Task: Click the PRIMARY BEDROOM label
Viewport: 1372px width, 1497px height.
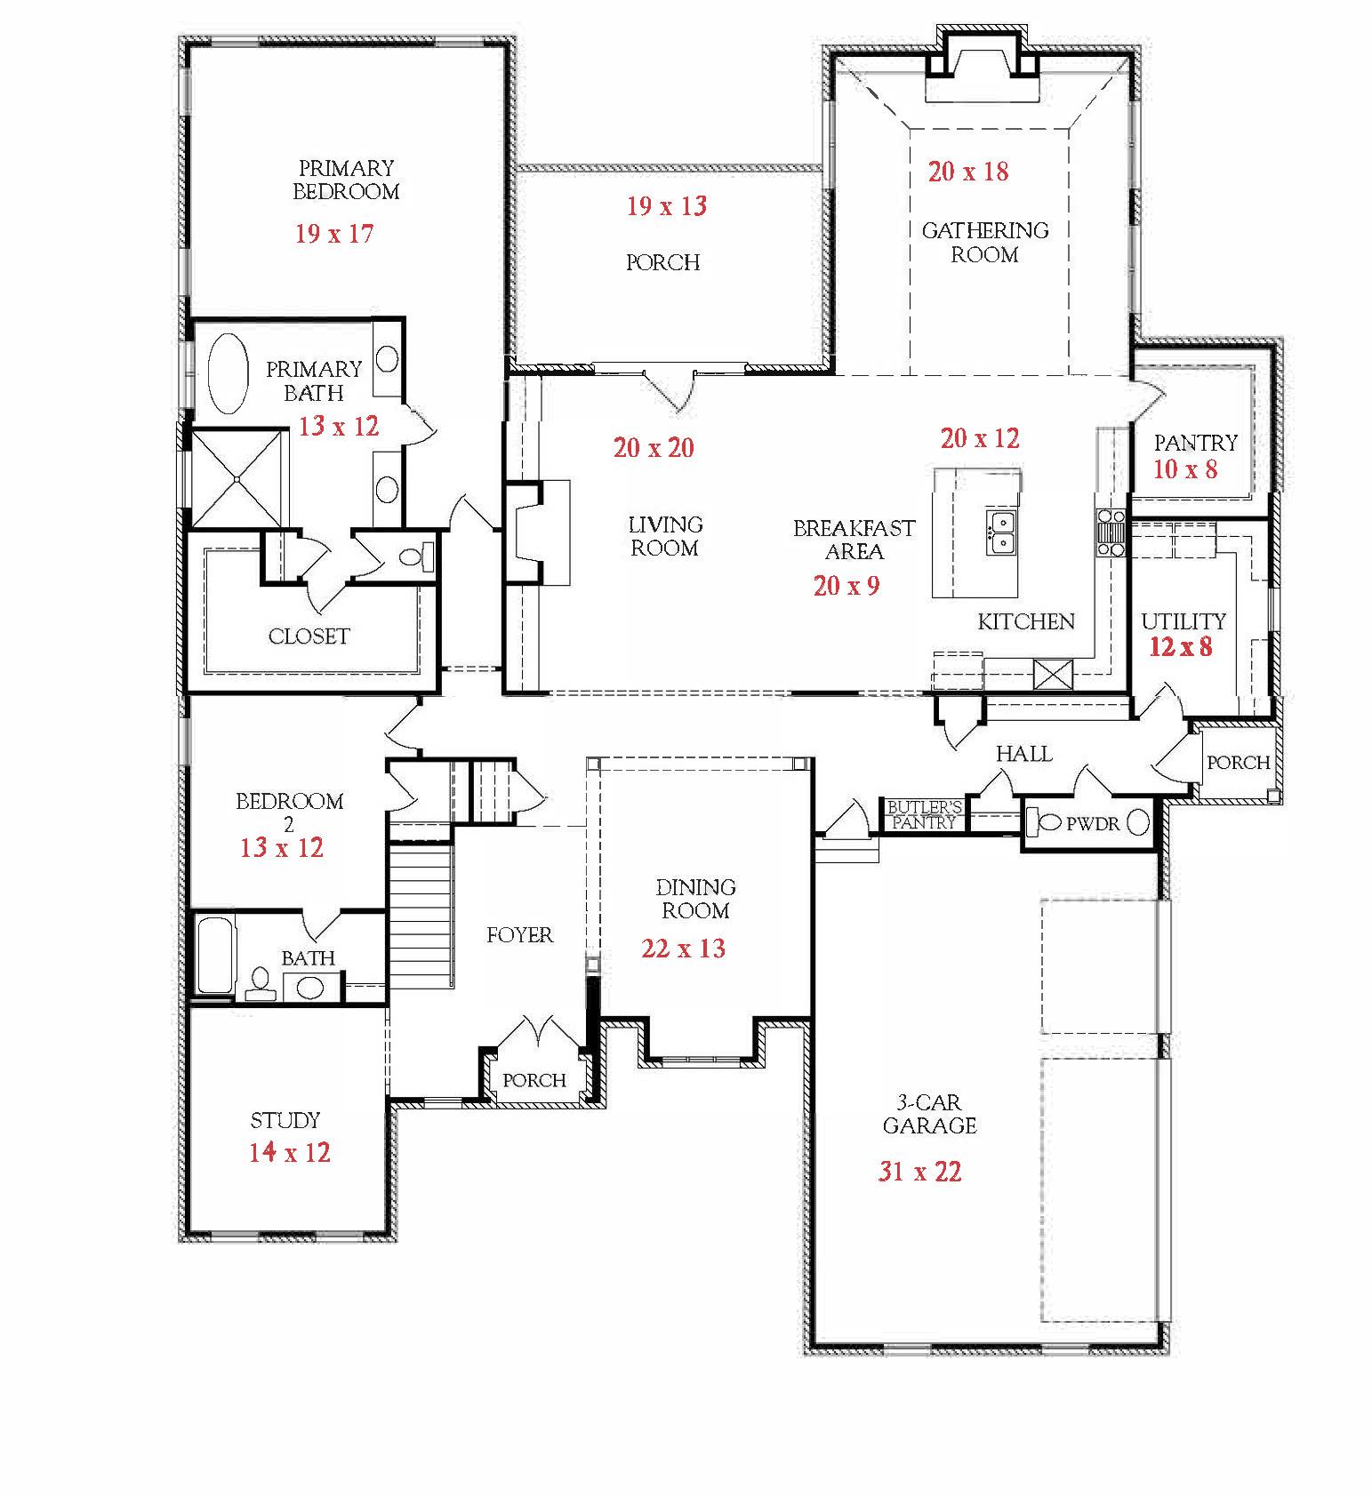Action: (346, 180)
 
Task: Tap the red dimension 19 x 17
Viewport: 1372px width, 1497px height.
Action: (334, 234)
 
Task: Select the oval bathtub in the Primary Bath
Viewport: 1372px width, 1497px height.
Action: (229, 373)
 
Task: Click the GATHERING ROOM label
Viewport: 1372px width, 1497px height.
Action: (984, 243)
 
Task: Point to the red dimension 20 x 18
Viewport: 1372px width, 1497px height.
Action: (968, 172)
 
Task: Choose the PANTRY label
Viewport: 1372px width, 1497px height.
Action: (1195, 442)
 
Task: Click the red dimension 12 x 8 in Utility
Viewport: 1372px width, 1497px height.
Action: (1180, 646)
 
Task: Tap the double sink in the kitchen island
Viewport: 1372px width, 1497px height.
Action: (1001, 532)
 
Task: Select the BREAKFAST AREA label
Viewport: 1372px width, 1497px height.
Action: (854, 540)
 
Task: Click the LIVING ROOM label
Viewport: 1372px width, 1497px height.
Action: (665, 536)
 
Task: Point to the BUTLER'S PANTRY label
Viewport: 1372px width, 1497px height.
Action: (925, 815)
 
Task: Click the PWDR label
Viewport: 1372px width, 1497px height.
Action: (1093, 824)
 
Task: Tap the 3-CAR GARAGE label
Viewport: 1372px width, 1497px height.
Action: (929, 1115)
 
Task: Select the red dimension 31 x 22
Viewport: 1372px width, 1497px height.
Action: (919, 1172)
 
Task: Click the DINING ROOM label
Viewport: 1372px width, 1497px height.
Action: (695, 899)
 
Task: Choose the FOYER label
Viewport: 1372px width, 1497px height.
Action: (519, 935)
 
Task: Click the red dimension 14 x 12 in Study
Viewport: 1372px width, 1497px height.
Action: (289, 1153)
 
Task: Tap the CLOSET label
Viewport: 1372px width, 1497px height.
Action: (309, 636)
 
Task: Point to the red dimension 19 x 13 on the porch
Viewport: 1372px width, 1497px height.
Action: (667, 206)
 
